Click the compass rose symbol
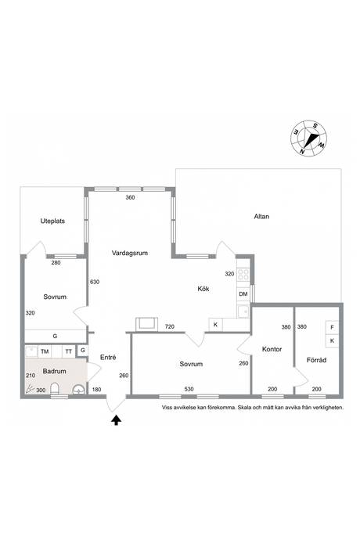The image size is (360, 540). [x=308, y=138]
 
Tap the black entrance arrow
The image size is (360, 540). [x=117, y=420]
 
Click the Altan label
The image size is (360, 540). [x=261, y=217]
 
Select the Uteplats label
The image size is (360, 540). [x=52, y=221]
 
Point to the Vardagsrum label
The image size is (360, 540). [x=130, y=253]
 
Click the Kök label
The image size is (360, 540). [x=203, y=289]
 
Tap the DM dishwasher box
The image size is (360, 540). [x=243, y=294]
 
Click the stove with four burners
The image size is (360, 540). [x=243, y=274]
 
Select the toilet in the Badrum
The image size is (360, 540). [x=55, y=388]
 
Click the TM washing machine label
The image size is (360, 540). [x=45, y=351]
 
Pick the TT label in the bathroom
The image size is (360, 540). [x=69, y=351]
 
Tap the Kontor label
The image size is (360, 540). [x=272, y=349]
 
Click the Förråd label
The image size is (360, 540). [x=317, y=360]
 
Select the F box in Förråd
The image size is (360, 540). [x=332, y=327]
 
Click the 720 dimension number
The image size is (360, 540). [x=170, y=327]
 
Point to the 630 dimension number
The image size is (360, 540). [x=95, y=282]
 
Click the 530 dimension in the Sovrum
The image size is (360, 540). [x=189, y=390]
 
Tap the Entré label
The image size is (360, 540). [x=108, y=358]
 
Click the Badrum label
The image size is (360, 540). [x=55, y=371]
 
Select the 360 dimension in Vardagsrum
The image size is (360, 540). [x=130, y=198]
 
